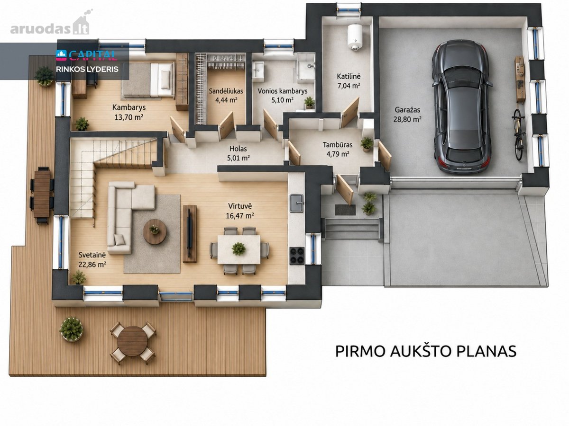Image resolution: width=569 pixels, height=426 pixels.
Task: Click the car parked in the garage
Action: click(x=462, y=106)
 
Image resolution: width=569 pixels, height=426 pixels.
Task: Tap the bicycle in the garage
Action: click(x=518, y=134)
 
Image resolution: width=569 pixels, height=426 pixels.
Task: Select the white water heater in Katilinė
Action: click(x=354, y=36)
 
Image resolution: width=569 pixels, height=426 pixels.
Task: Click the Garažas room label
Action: click(x=407, y=110)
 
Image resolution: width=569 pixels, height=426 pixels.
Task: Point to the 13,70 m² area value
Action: click(x=129, y=117)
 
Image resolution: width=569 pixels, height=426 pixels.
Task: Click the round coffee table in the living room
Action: click(x=155, y=231)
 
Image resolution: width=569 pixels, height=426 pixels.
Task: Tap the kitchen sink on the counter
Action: click(x=296, y=203)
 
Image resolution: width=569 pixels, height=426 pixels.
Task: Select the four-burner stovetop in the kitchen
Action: click(x=297, y=256)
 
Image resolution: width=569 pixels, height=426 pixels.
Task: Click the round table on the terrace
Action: click(x=132, y=341)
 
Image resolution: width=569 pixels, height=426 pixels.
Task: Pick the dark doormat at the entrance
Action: click(x=345, y=210)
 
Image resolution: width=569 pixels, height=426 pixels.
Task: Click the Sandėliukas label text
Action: click(x=226, y=91)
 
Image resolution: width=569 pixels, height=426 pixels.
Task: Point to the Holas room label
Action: click(x=238, y=149)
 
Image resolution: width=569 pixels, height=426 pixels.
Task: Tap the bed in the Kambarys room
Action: click(x=148, y=80)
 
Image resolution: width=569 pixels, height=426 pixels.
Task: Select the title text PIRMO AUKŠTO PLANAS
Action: click(x=426, y=351)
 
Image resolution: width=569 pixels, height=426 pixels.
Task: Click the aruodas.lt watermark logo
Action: click(x=51, y=25)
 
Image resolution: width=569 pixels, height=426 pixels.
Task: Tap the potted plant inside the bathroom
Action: click(x=309, y=102)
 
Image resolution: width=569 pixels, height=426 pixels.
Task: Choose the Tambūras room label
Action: click(x=338, y=144)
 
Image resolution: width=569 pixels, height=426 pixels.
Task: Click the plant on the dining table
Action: click(x=239, y=248)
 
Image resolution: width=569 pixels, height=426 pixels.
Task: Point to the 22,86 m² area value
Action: click(x=92, y=264)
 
